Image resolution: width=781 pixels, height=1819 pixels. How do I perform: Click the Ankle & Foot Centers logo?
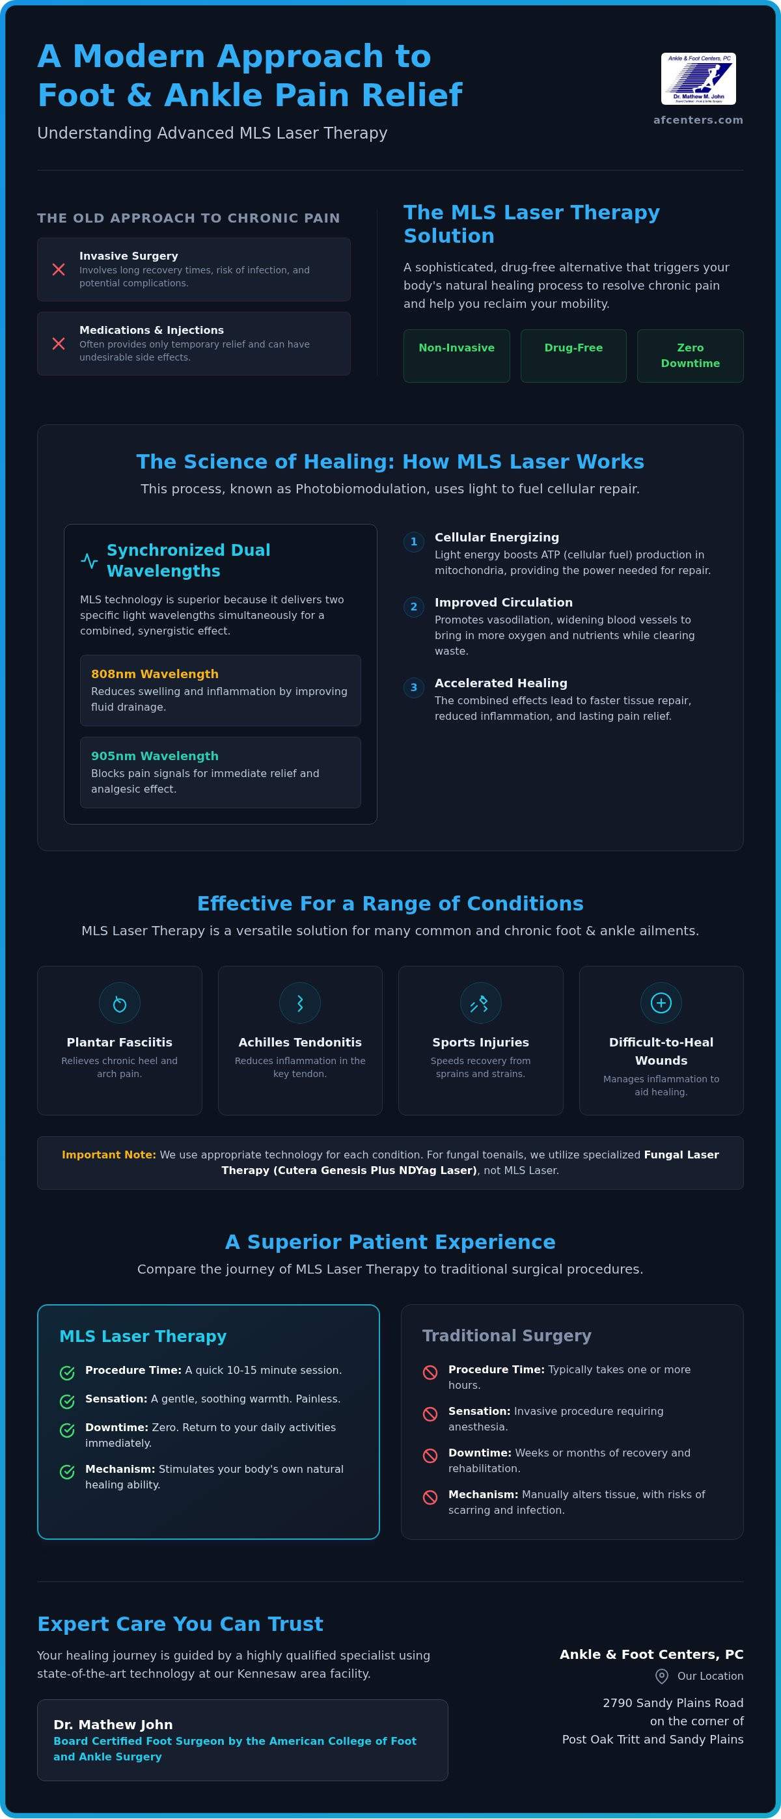click(x=698, y=78)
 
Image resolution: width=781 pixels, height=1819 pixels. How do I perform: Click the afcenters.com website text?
click(x=698, y=120)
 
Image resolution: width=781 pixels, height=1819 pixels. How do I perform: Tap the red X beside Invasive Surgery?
click(x=59, y=269)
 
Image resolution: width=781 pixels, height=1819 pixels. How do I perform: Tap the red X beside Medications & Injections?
click(x=59, y=344)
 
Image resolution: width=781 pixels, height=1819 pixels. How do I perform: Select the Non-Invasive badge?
click(x=456, y=356)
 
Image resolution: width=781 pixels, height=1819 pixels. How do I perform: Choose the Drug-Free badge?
click(x=573, y=356)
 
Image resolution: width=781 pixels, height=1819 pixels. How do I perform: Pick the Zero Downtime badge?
click(x=690, y=356)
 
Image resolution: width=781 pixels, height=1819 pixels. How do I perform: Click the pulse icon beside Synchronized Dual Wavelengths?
click(x=89, y=561)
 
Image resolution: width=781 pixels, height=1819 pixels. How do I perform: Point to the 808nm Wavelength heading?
click(x=155, y=674)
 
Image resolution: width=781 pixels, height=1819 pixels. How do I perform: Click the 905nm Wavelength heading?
click(x=155, y=756)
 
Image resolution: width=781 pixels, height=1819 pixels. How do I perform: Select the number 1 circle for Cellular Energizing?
click(x=414, y=542)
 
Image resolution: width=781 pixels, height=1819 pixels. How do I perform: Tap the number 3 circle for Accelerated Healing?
click(x=414, y=688)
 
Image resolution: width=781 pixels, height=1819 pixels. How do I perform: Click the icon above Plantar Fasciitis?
click(x=119, y=1004)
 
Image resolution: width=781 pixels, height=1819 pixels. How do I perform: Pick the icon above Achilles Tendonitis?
click(x=300, y=1004)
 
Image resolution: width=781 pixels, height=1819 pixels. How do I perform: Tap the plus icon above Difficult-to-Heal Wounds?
click(x=661, y=1004)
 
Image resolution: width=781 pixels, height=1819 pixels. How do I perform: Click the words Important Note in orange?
click(x=109, y=1155)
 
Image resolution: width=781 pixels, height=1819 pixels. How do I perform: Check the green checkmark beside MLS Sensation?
click(x=67, y=1402)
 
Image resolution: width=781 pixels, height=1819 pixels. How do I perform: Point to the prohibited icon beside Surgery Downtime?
click(x=430, y=1456)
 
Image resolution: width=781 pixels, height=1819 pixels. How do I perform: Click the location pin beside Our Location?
click(x=662, y=1676)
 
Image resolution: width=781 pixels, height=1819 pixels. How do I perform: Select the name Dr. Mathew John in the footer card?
click(x=113, y=1725)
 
